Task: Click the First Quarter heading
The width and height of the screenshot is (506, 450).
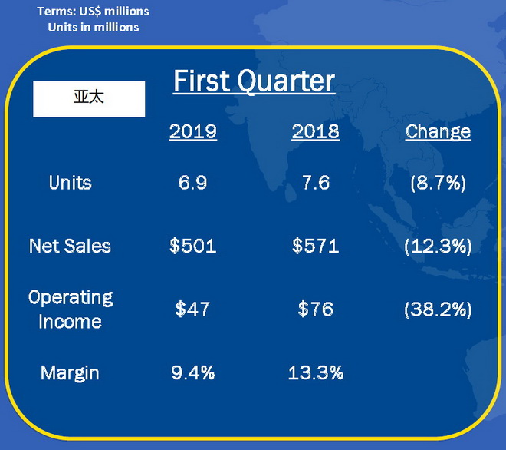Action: [x=254, y=81]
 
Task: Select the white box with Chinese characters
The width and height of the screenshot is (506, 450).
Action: [x=89, y=99]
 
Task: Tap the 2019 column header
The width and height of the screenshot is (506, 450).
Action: [x=193, y=131]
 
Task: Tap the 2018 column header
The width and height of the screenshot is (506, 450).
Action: [x=316, y=131]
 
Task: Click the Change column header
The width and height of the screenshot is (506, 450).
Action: [x=439, y=132]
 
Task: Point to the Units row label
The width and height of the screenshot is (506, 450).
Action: [x=71, y=183]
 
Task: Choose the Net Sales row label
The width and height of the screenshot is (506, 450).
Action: [x=70, y=246]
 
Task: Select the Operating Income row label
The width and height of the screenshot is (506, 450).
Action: [x=71, y=309]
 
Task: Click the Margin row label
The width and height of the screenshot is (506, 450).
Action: [x=70, y=373]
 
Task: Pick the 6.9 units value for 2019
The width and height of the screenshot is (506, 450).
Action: [x=192, y=183]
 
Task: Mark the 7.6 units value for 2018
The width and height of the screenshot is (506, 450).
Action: [x=316, y=183]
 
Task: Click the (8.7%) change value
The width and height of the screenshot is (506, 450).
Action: [x=439, y=184]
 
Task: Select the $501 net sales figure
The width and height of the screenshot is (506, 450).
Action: [x=193, y=246]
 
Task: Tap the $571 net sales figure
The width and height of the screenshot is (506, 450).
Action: [x=316, y=246]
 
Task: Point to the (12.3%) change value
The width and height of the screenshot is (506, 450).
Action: [x=439, y=247]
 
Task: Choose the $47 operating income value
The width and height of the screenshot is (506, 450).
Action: [x=192, y=309]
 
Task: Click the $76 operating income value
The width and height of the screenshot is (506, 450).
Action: [x=316, y=309]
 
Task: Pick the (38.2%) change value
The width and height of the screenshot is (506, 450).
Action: [x=439, y=309]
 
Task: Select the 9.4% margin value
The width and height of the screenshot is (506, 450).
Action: [x=193, y=372]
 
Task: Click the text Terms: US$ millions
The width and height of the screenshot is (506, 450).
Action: [x=94, y=12]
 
